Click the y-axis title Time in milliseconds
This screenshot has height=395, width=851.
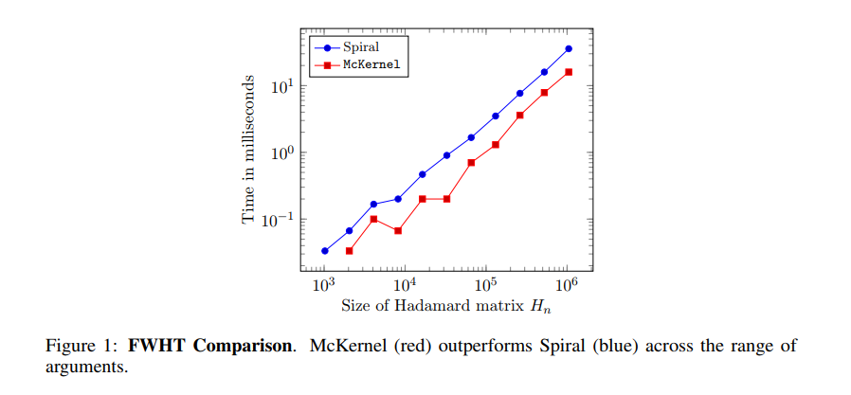[248, 152]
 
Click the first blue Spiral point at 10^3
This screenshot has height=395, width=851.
[324, 251]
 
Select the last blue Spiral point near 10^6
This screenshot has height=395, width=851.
[569, 48]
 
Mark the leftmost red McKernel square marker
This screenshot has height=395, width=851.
[349, 251]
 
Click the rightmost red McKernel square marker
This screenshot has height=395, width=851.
[569, 72]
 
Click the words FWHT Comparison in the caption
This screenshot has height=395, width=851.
[228, 347]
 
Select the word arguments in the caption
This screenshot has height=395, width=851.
[85, 366]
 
